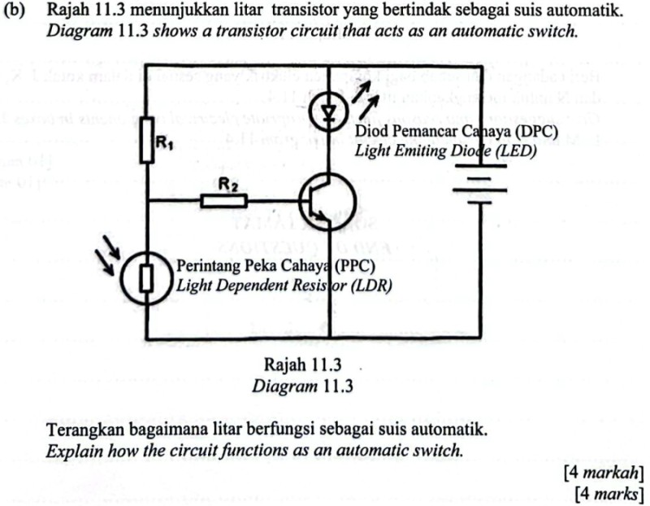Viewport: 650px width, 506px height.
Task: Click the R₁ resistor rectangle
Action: coord(147,140)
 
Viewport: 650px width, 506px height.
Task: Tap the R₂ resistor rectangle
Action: coord(224,201)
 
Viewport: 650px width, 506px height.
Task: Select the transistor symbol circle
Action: coord(327,201)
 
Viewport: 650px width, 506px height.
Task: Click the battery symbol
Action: coord(479,185)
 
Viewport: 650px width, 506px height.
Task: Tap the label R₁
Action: coord(165,143)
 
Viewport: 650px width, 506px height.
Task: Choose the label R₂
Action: coord(228,185)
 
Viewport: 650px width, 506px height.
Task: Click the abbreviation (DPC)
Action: coord(536,132)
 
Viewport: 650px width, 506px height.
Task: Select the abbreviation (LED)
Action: coord(516,150)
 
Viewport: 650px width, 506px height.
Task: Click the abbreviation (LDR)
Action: coord(371,286)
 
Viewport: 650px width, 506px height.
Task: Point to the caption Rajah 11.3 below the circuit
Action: coord(302,365)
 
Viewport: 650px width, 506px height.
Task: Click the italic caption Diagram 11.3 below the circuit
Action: coord(302,386)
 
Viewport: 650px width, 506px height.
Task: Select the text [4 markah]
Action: coord(604,473)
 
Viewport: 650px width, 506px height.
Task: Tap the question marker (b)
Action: coord(14,10)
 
